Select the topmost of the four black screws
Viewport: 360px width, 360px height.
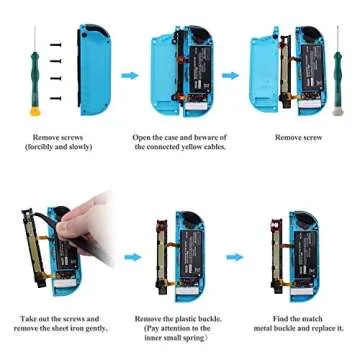[56, 45]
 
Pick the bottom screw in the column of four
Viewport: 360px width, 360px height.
[56, 97]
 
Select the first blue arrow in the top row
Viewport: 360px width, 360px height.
[130, 75]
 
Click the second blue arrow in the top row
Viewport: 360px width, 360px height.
[231, 75]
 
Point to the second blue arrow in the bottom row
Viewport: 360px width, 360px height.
[235, 257]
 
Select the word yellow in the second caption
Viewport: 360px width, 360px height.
[185, 147]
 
